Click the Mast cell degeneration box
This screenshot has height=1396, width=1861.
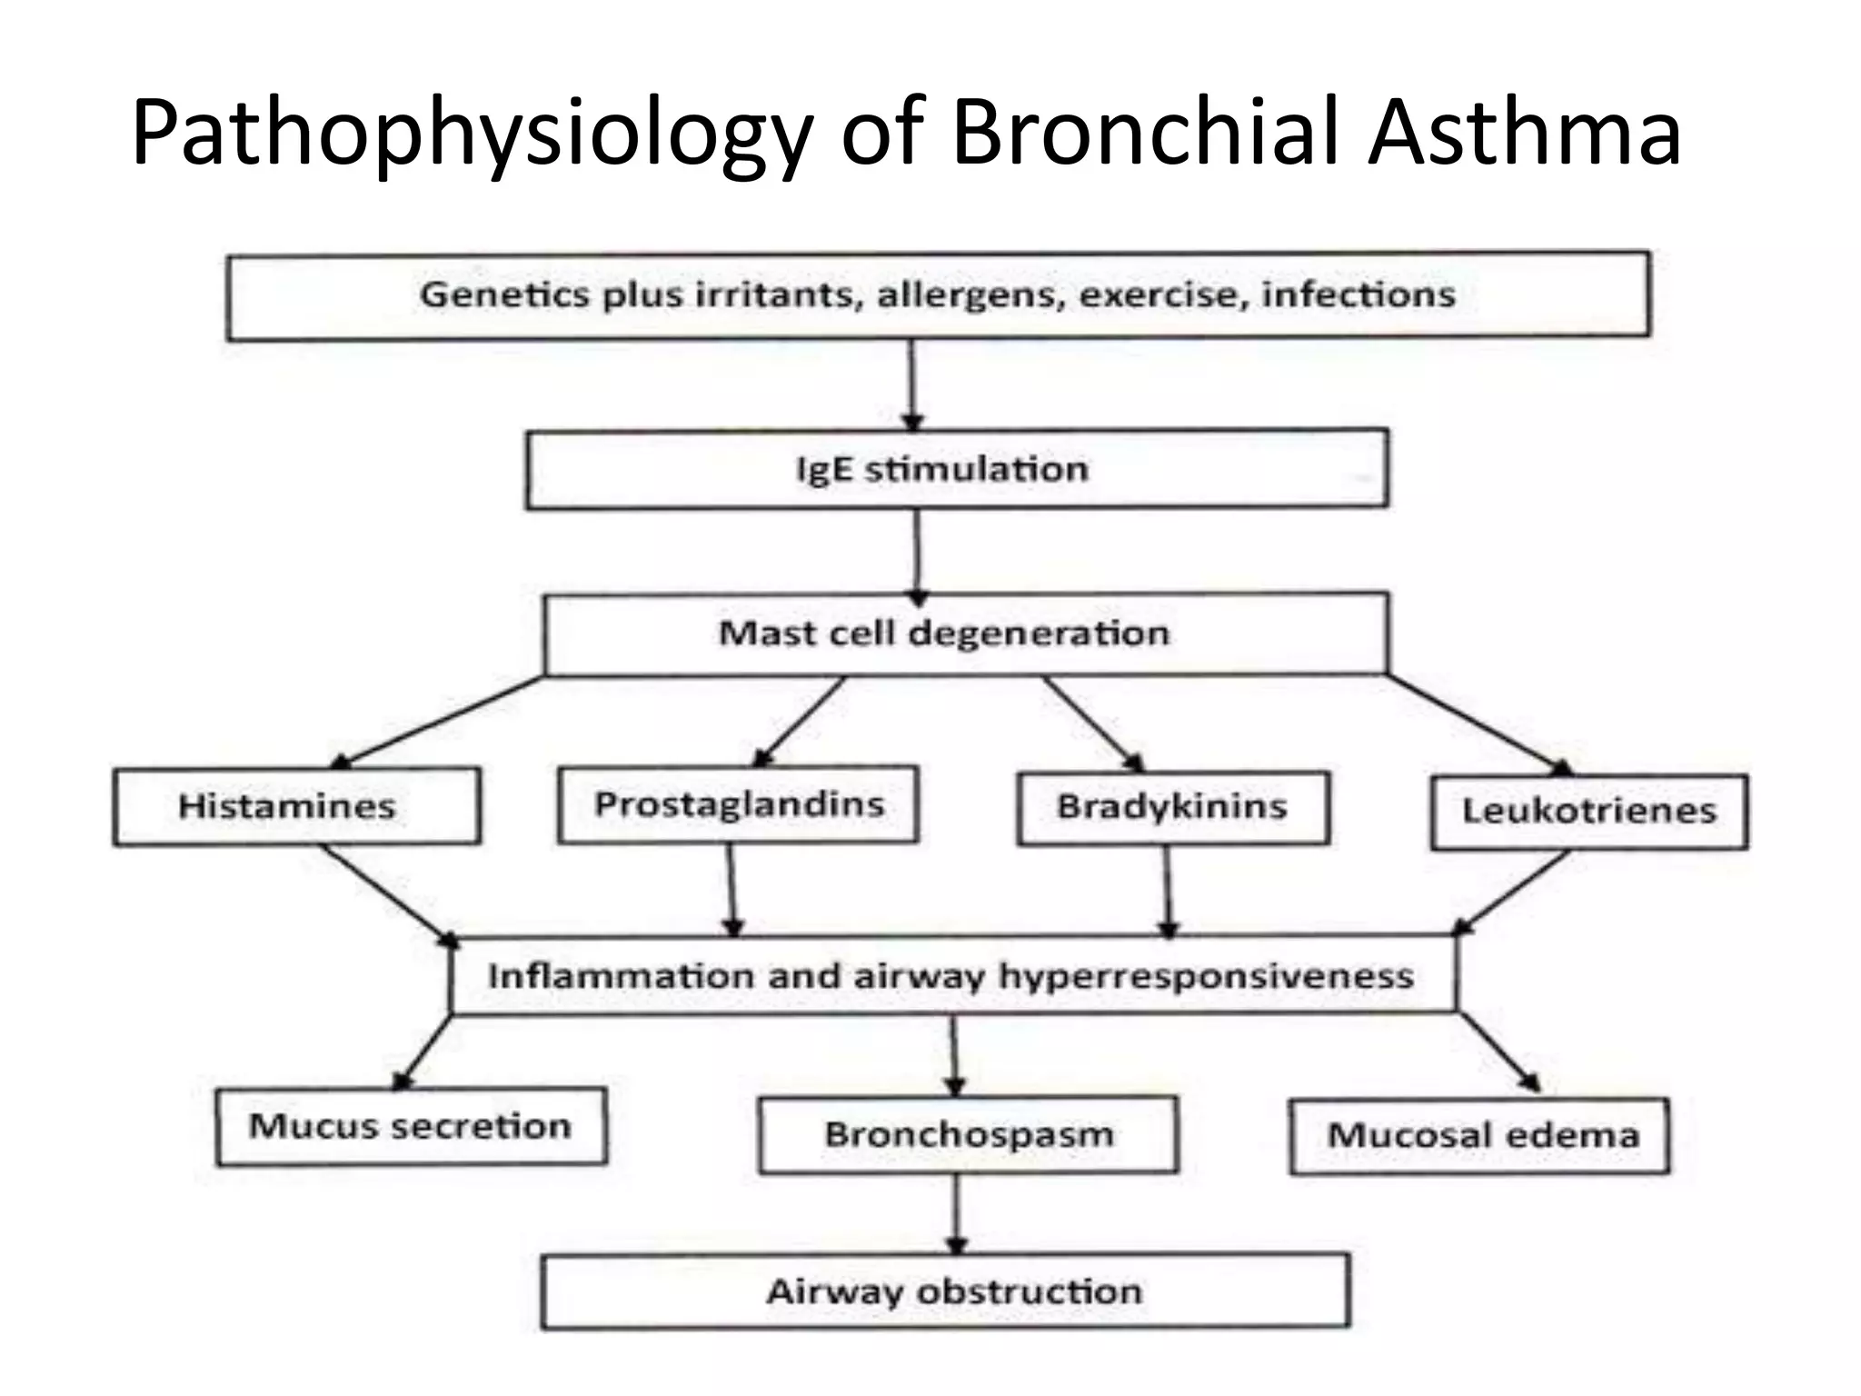coord(965,633)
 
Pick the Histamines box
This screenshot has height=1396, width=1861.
coord(296,806)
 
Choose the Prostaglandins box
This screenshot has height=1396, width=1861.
coord(738,804)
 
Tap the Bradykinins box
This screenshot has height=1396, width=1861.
coord(1172,807)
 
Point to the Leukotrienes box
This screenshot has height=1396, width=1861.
coord(1588,811)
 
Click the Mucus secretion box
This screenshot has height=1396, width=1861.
coord(411,1126)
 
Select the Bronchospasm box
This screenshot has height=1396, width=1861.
coord(969,1134)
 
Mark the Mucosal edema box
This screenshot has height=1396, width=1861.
coord(1479,1135)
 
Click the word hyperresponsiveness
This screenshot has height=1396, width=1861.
coord(1205,976)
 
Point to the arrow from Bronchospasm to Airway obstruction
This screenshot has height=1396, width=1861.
coord(956,1212)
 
